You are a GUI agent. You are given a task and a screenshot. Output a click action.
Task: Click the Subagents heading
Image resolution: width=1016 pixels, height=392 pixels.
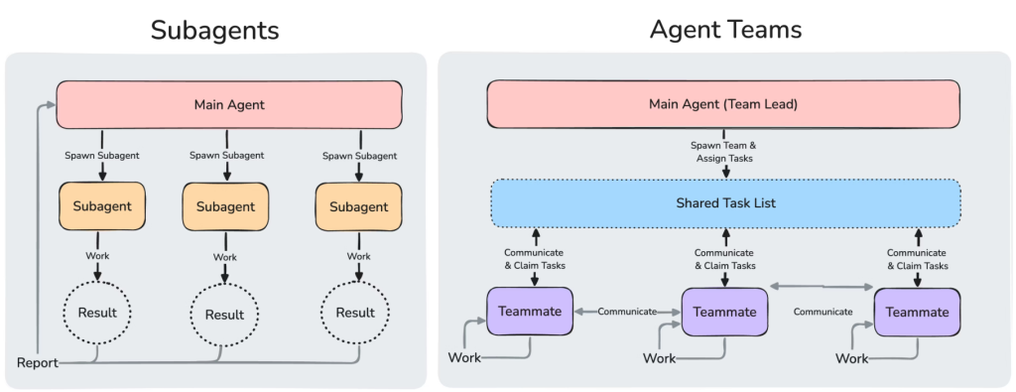click(214, 30)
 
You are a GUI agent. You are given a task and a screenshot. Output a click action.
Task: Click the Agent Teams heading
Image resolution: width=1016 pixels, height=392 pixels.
click(725, 30)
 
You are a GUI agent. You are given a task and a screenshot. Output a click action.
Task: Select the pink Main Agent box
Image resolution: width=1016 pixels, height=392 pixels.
click(229, 104)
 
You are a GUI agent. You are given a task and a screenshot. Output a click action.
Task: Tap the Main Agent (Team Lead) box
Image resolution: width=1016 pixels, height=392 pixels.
click(722, 103)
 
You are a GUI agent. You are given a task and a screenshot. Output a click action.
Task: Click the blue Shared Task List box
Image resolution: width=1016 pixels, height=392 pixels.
click(725, 203)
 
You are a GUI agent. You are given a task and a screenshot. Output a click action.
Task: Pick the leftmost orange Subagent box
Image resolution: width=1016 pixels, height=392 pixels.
click(102, 206)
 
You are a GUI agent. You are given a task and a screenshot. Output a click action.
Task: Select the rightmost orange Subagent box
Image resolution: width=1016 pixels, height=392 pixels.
click(358, 207)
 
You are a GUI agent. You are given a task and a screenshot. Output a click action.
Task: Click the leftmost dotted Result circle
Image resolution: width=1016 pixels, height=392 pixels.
click(97, 313)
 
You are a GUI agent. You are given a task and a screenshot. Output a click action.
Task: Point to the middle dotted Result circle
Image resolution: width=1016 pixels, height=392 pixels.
click(224, 315)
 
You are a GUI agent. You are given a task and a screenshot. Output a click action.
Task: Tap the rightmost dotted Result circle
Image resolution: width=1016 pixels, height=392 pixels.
click(355, 313)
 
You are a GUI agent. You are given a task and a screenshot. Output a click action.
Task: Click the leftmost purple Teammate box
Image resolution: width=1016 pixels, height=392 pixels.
click(530, 311)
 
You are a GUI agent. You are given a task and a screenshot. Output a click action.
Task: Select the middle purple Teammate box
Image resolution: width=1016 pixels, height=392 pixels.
click(724, 312)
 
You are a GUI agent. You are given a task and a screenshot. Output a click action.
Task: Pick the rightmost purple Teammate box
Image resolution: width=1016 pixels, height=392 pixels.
click(917, 311)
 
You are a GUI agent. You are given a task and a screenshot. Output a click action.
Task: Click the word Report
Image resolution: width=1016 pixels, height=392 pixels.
click(38, 363)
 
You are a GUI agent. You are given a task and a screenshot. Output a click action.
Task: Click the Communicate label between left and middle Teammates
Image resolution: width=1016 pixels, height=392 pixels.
click(627, 312)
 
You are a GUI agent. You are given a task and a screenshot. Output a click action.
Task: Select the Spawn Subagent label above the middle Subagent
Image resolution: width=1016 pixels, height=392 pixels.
click(225, 156)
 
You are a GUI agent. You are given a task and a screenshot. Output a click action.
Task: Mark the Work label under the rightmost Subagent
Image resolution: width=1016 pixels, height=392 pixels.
click(358, 256)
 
